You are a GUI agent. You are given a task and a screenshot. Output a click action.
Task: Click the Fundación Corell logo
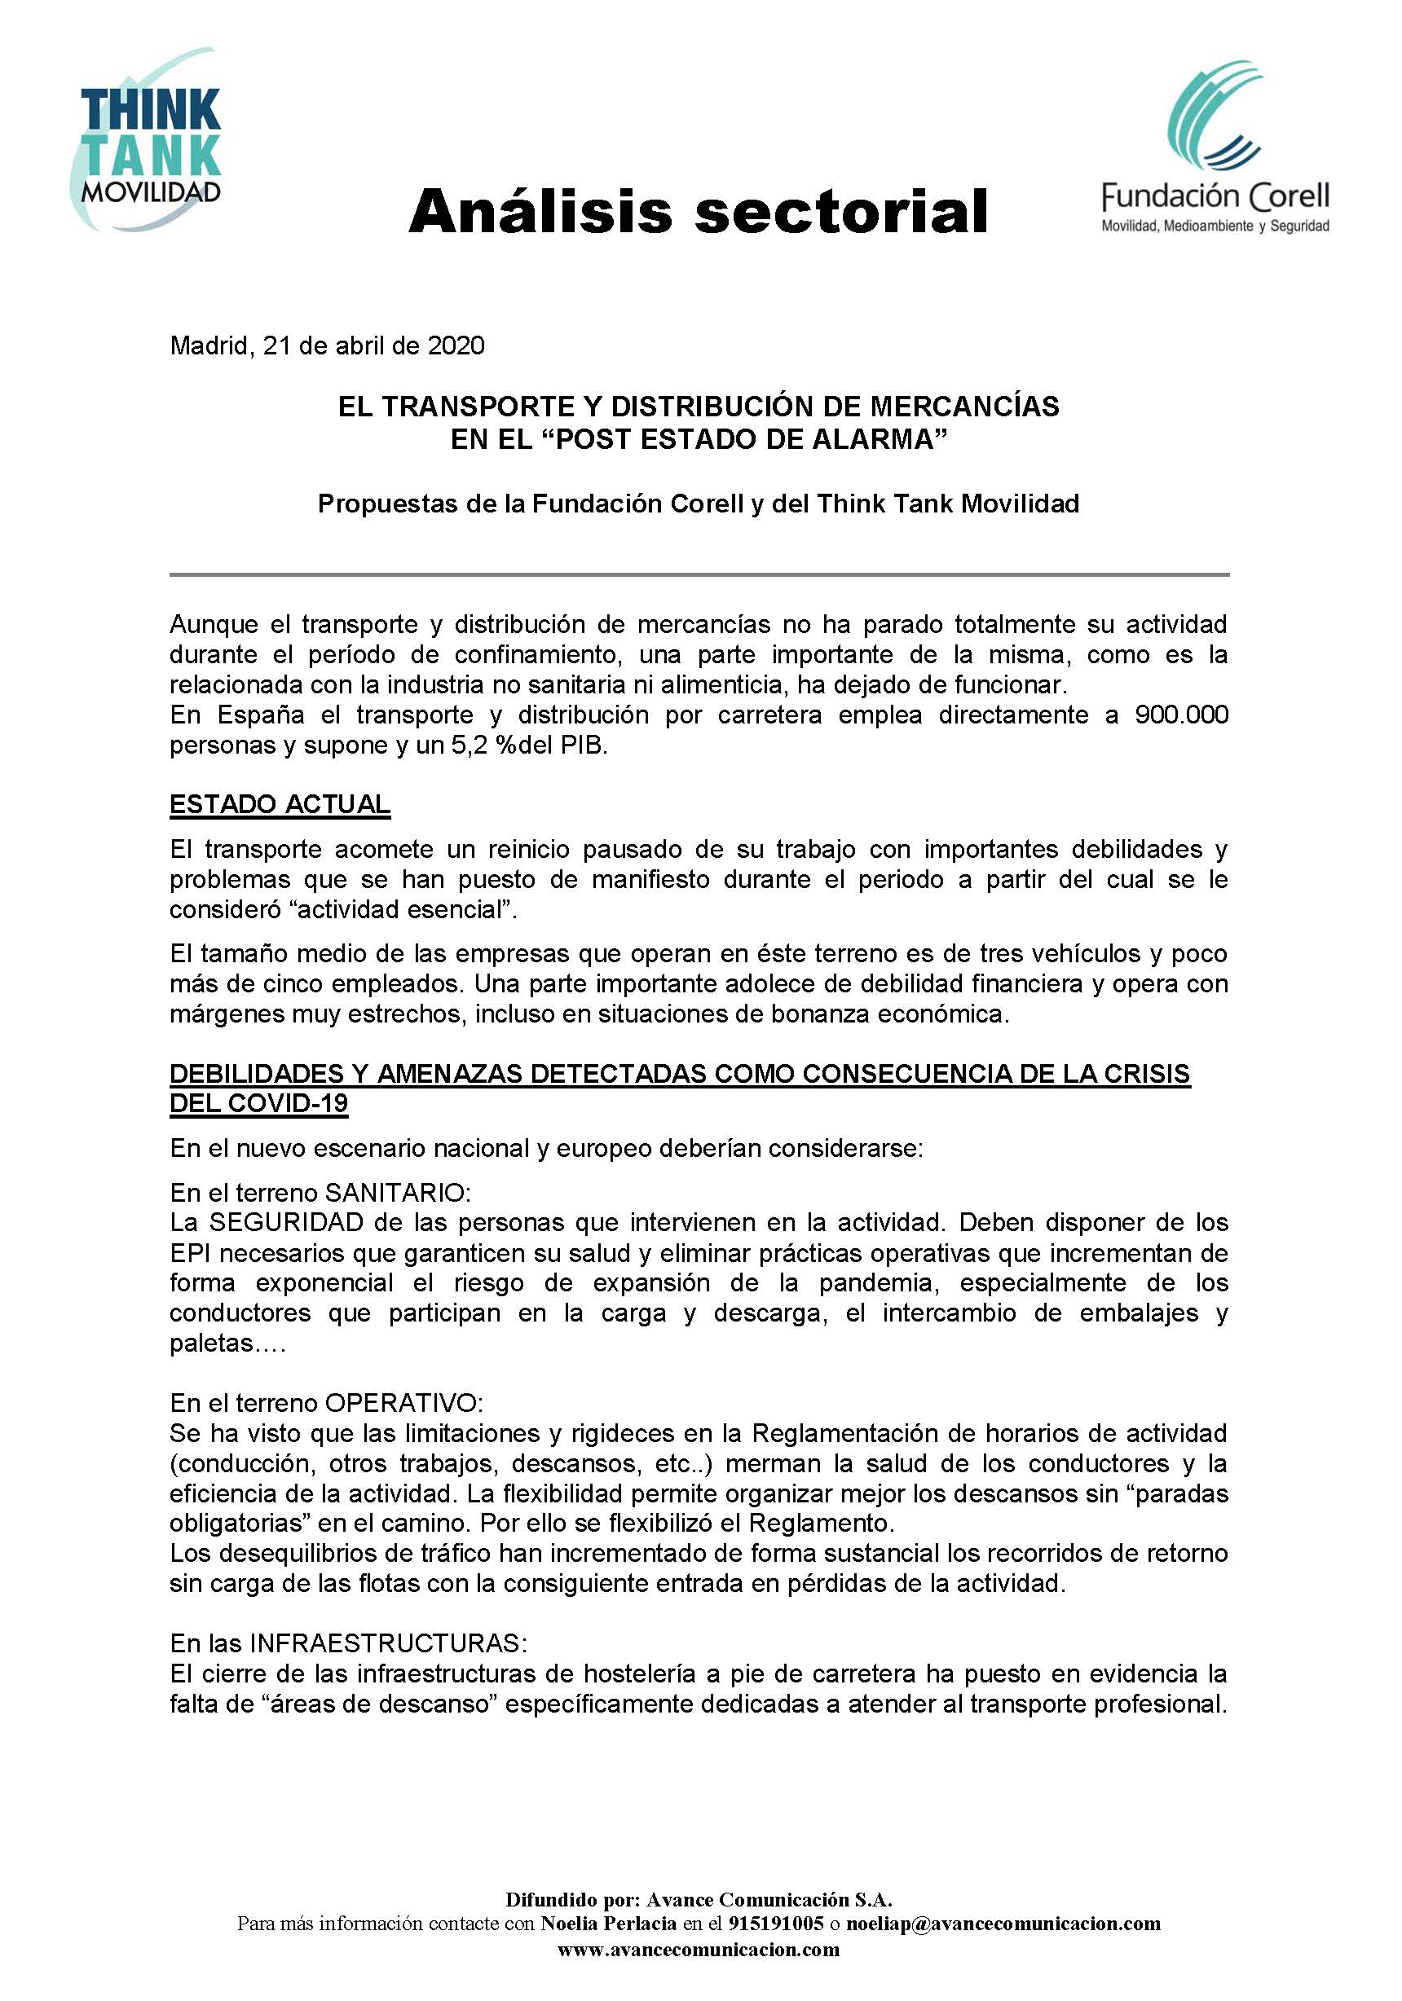1215,148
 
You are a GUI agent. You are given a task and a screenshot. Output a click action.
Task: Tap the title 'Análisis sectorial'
698,212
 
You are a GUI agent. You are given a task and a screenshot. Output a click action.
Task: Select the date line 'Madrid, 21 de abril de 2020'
327,346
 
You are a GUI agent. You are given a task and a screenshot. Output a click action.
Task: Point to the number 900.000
1181,715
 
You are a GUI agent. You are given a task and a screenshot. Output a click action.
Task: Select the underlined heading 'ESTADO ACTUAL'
280,804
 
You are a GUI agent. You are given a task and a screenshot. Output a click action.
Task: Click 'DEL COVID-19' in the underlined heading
259,1103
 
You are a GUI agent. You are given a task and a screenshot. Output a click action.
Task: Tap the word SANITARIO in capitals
398,1192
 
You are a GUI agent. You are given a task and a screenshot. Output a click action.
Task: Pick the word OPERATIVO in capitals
403,1403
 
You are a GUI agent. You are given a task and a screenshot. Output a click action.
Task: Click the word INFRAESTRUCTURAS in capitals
388,1643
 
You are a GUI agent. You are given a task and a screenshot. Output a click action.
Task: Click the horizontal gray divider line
699,575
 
